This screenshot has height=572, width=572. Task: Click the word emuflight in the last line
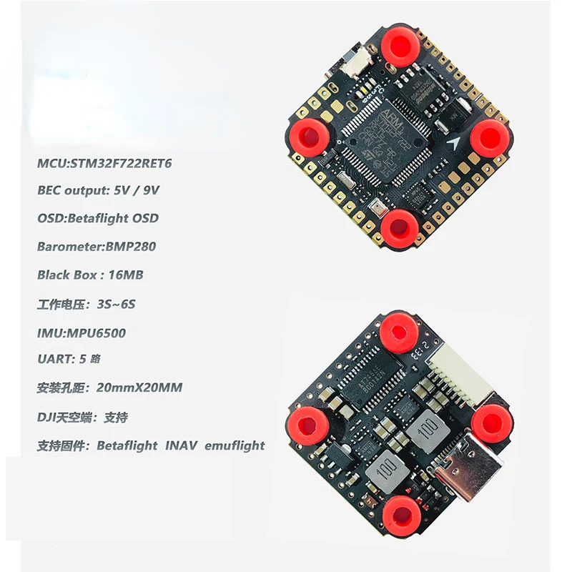point(235,445)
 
